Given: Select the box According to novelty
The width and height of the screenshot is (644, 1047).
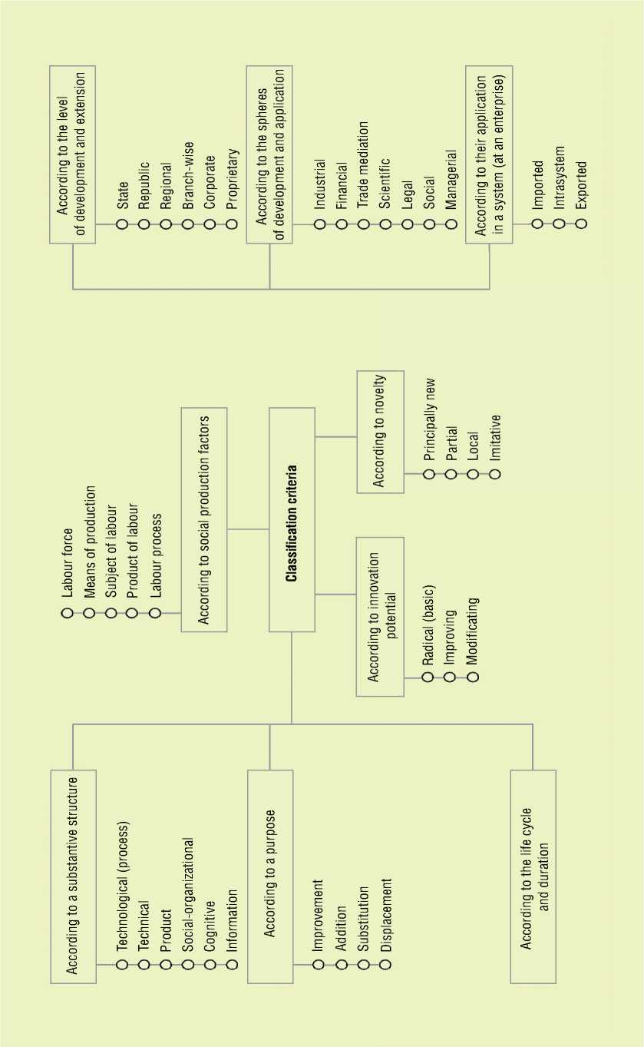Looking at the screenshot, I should point(380,432).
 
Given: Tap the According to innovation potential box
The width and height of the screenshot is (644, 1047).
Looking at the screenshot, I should point(380,617).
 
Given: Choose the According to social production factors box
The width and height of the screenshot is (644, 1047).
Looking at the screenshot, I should point(204,519).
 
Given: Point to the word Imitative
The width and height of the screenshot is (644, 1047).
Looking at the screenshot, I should point(495,438).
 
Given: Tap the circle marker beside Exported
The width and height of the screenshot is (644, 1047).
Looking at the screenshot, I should point(581,224).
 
